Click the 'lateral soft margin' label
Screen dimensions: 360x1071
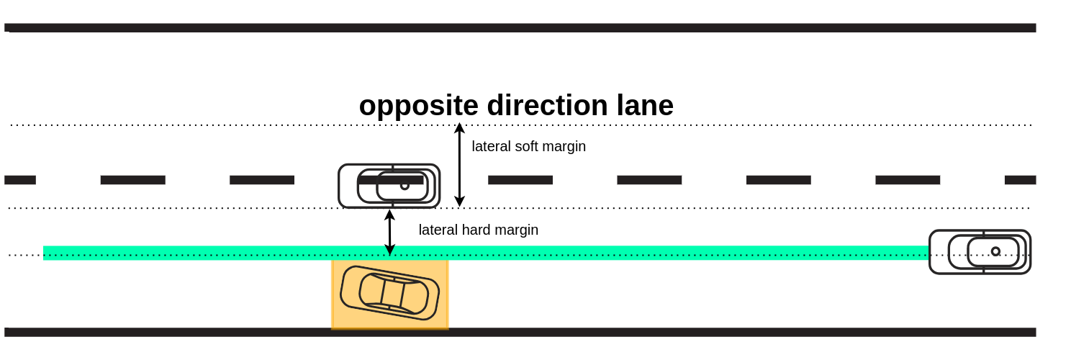pos(528,146)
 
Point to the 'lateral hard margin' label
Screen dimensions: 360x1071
pos(478,230)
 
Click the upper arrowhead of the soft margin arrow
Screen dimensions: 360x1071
pos(459,128)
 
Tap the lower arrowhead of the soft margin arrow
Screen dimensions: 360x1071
pos(459,202)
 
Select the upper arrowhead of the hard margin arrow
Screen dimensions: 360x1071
pos(389,215)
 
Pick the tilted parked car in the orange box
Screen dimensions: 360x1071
pos(389,293)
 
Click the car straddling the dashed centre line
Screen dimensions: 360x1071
pos(389,186)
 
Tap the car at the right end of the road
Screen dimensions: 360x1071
pos(980,251)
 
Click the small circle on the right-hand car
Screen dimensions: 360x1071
pos(995,251)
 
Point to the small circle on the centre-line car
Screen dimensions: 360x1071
pos(405,186)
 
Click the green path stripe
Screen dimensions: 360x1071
pos(216,253)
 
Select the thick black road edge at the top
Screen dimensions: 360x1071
pos(518,28)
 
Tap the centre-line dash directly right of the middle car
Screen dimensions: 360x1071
pos(520,180)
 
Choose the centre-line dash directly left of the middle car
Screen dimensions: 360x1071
pos(262,180)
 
